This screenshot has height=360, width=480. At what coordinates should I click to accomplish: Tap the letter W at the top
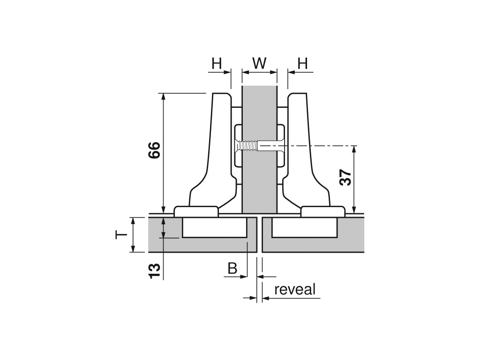click(x=259, y=63)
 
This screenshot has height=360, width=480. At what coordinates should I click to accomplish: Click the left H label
click(x=216, y=63)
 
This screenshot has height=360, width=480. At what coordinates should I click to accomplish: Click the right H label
click(x=303, y=63)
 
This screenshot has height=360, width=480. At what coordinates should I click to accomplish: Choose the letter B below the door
click(x=232, y=269)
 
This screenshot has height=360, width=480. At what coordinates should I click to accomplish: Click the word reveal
click(x=295, y=289)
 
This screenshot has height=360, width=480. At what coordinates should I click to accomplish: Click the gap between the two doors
click(x=259, y=234)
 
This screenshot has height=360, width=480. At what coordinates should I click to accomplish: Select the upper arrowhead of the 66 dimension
click(x=163, y=97)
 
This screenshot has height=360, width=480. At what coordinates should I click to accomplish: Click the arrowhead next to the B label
click(x=244, y=277)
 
